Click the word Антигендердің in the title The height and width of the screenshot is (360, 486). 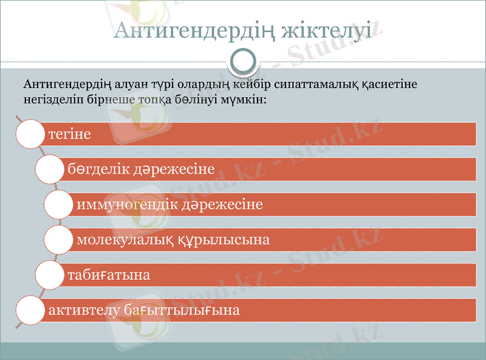tap(193, 30)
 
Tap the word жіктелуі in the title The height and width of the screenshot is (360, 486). tap(325, 30)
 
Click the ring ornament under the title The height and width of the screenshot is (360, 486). tap(243, 61)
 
